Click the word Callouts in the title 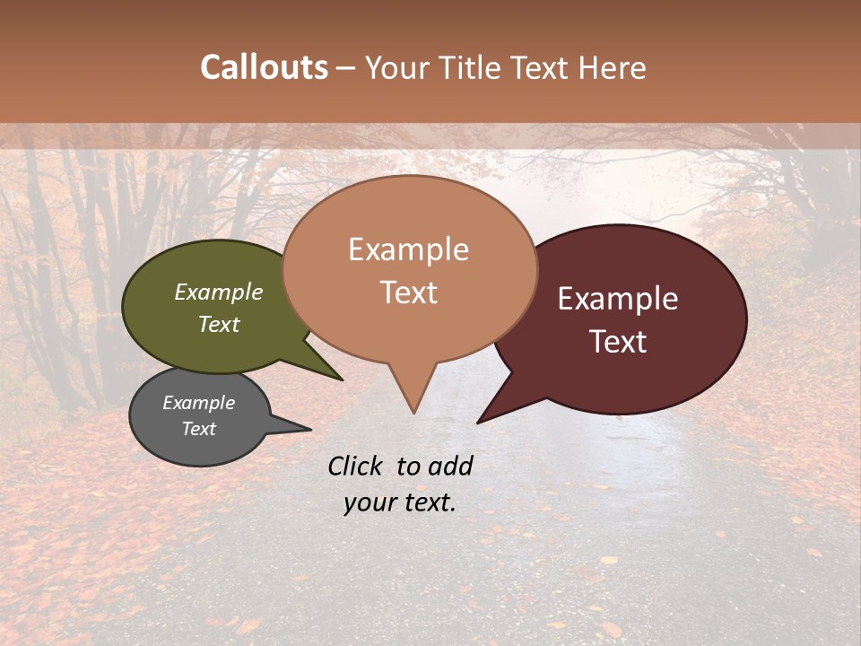click(264, 67)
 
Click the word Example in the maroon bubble click(618, 299)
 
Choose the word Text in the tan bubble click(409, 292)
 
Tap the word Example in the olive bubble click(219, 292)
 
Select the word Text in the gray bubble click(199, 429)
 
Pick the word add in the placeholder click(450, 466)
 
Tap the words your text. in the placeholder click(400, 502)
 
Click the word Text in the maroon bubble click(619, 342)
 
